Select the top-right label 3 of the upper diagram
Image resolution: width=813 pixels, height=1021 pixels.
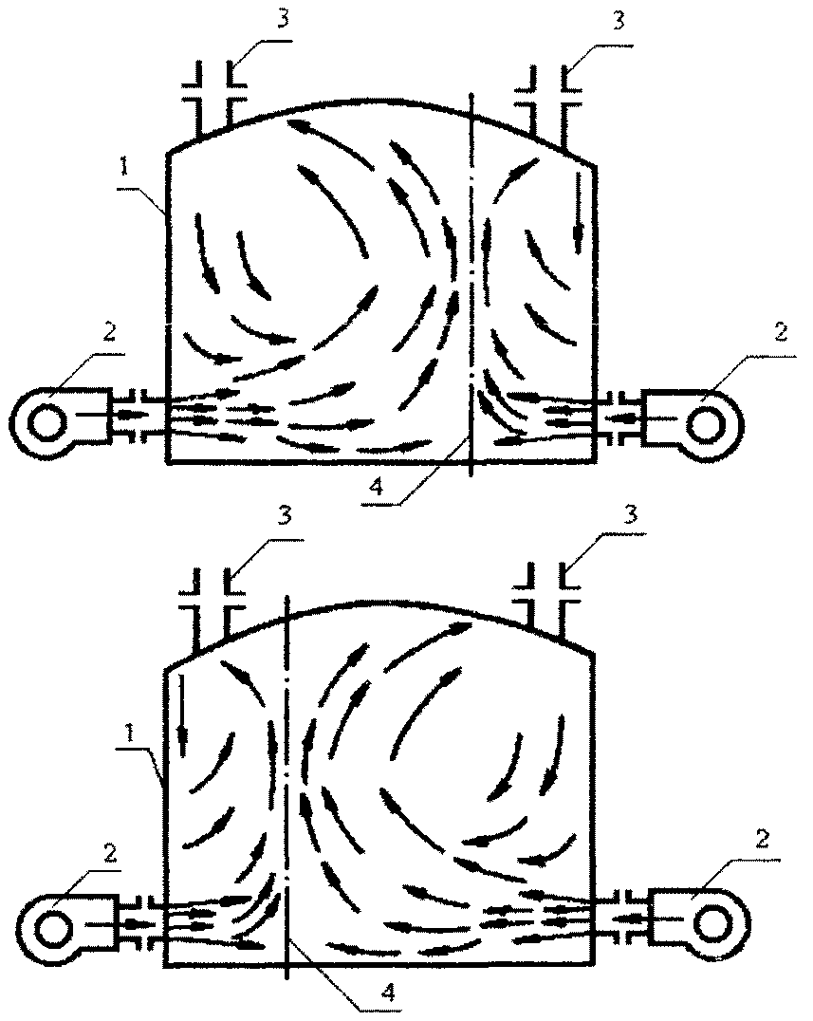click(619, 20)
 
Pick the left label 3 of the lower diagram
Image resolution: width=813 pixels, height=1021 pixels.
click(285, 515)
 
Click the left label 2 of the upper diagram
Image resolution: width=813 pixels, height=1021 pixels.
click(109, 332)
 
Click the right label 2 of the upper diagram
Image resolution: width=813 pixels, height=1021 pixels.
click(781, 332)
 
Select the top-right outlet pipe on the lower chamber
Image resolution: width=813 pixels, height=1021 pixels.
click(547, 599)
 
